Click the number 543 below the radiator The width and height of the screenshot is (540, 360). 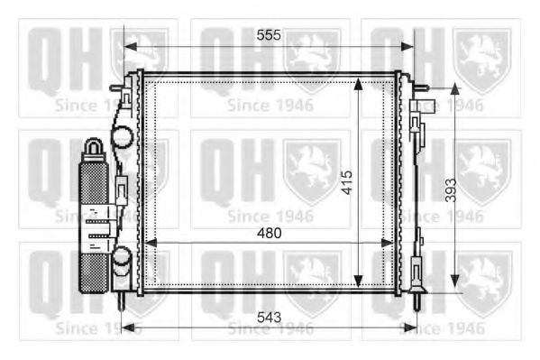[x=269, y=318]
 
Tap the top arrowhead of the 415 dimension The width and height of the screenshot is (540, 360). [x=359, y=82]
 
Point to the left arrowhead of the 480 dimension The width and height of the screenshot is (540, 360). [x=150, y=242]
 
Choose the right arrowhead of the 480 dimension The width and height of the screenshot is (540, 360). [x=389, y=242]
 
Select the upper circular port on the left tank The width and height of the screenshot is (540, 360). [x=122, y=139]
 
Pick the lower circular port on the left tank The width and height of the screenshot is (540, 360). [x=122, y=262]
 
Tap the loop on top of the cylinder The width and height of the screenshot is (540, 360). [x=94, y=146]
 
